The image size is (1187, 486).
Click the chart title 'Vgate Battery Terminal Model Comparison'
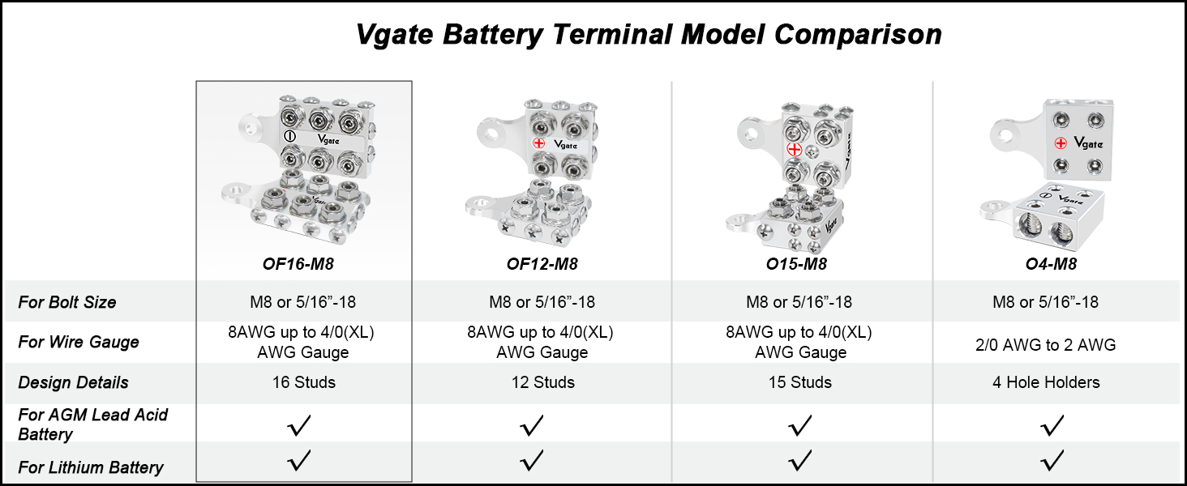[x=649, y=35]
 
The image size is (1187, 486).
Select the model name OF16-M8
[x=298, y=263]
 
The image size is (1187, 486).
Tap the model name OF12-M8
[x=542, y=263]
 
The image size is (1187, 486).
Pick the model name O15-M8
[x=796, y=263]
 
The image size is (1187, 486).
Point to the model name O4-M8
[x=1052, y=263]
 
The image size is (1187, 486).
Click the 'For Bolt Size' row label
[x=66, y=302]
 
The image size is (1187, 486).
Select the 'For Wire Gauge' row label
[x=79, y=342]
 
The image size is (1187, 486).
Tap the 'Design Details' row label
[x=73, y=382]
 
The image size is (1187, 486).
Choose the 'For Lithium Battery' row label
[x=91, y=467]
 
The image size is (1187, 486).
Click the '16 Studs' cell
[x=303, y=382]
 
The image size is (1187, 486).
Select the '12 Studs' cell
[x=542, y=382]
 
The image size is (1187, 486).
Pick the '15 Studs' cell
[x=800, y=382]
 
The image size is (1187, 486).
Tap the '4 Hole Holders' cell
[x=1046, y=382]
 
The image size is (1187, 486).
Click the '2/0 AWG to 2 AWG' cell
[x=1045, y=345]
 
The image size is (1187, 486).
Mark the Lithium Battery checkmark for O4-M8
[x=1052, y=461]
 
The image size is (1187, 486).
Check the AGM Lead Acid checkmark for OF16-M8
[x=299, y=425]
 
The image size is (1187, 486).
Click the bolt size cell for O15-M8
[x=799, y=302]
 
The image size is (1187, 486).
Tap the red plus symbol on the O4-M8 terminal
[x=1061, y=143]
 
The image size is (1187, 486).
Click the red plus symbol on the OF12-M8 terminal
[x=539, y=143]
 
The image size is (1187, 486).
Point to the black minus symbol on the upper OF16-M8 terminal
[x=289, y=135]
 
